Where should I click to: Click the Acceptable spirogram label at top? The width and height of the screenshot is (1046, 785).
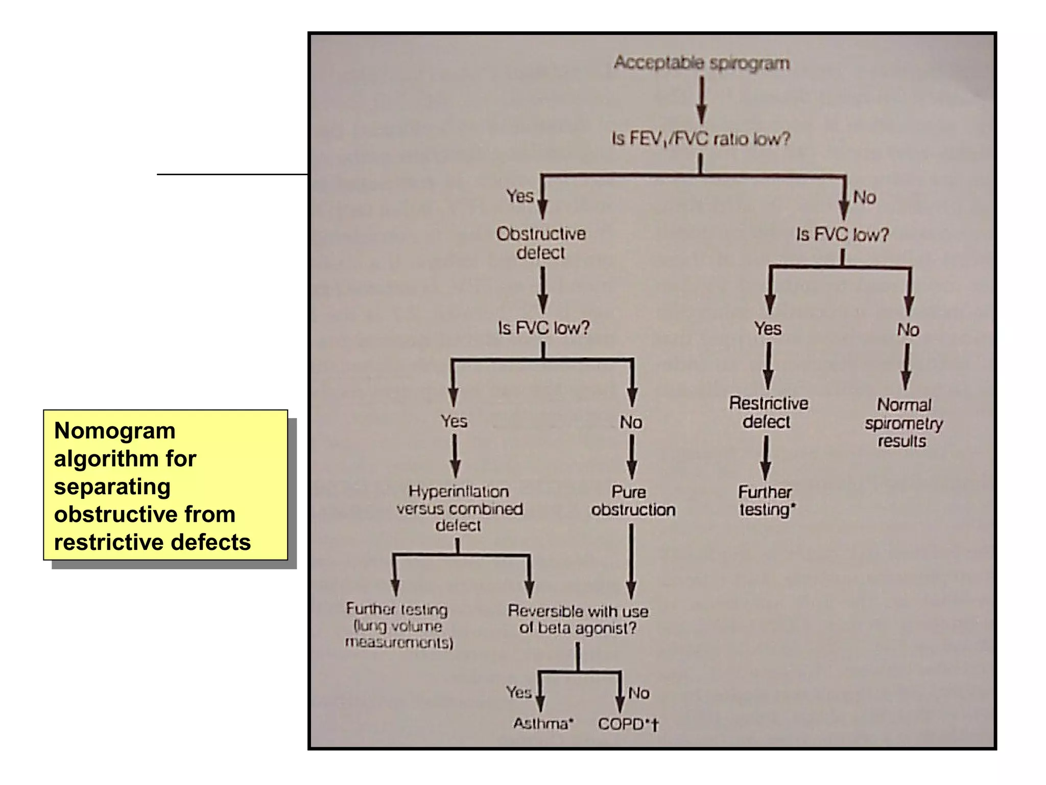click(701, 63)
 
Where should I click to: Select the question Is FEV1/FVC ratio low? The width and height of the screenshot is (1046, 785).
click(701, 138)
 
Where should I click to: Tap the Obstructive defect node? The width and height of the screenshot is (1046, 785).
click(541, 243)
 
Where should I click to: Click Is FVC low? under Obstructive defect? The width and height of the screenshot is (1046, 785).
click(543, 328)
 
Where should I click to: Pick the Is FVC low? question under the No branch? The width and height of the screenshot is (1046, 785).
click(842, 235)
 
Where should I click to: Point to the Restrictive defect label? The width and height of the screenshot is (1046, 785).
click(768, 412)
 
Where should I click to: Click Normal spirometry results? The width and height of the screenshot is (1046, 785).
click(904, 423)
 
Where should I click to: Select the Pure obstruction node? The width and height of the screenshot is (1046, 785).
click(632, 501)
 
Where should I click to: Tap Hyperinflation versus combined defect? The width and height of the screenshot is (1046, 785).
click(459, 509)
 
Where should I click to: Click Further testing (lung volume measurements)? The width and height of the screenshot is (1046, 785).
click(398, 626)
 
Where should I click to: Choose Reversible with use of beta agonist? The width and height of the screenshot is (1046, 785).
click(578, 619)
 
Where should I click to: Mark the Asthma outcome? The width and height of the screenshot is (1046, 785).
click(543, 724)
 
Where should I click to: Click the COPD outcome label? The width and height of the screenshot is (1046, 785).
click(628, 724)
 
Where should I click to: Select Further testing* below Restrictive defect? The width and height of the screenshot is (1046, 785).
click(766, 501)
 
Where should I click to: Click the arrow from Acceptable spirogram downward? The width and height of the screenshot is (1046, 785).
click(702, 100)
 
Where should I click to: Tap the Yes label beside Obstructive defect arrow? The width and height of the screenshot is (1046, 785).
click(519, 196)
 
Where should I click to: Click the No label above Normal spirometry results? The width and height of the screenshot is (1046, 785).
click(908, 330)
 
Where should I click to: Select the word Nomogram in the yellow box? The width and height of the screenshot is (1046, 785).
click(114, 431)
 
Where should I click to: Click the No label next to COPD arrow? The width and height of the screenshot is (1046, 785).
click(638, 693)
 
